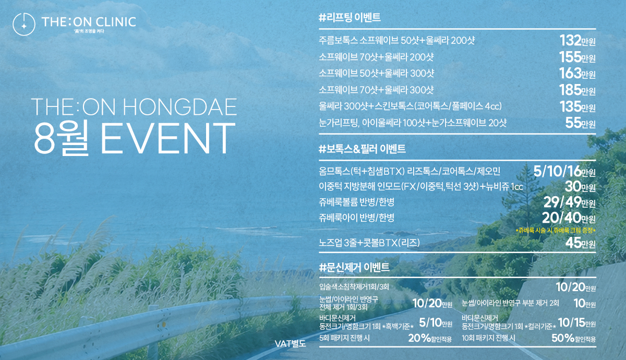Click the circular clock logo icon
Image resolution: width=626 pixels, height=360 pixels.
point(24,24)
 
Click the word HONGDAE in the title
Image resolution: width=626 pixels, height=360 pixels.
point(179,107)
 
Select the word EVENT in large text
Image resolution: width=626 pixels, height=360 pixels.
point(167,138)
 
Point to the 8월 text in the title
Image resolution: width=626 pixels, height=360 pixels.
point(62,138)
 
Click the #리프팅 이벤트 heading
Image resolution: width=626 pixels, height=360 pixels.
point(350,17)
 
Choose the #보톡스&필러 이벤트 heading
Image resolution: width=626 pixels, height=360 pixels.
point(362,149)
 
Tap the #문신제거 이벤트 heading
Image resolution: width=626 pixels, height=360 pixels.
point(354,268)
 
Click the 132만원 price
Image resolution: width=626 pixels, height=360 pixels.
point(577,41)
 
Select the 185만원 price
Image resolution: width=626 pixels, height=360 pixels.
point(577,90)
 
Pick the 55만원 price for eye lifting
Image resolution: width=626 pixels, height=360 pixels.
point(580,123)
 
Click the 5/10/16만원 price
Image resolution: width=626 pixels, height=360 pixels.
point(564,171)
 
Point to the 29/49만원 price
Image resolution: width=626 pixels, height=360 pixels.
point(570,202)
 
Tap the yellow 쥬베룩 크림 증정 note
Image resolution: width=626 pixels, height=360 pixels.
point(556,231)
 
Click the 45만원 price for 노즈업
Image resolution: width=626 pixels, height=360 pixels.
point(580,243)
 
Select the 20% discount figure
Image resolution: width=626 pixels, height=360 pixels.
point(419,338)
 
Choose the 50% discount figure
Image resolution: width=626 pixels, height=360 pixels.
point(563,338)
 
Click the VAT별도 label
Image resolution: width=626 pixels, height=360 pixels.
point(291,344)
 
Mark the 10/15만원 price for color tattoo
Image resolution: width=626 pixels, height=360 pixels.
point(577,323)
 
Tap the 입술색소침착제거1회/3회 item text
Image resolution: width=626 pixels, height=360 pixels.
point(354,287)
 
